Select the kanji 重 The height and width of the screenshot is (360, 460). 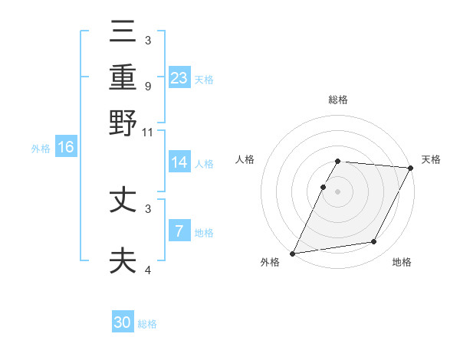point(123,78)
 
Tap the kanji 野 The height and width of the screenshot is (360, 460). point(123,123)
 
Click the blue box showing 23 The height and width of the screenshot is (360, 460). point(179,78)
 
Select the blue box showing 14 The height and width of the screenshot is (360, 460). point(179,162)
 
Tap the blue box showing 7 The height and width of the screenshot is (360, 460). point(179,231)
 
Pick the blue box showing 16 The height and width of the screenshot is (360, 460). point(66,147)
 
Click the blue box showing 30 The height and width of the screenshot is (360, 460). point(123,322)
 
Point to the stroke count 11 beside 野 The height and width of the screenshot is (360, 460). point(148,133)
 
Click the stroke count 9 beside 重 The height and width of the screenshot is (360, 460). point(148,86)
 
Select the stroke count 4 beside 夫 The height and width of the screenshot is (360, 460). point(148,270)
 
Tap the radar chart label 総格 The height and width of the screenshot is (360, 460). point(338,100)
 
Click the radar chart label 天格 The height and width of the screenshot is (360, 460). point(431,159)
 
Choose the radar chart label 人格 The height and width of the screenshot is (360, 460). point(245,159)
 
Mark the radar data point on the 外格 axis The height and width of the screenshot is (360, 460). point(293,253)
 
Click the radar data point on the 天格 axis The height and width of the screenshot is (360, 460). point(411,168)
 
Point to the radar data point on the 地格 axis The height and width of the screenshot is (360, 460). point(374,242)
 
